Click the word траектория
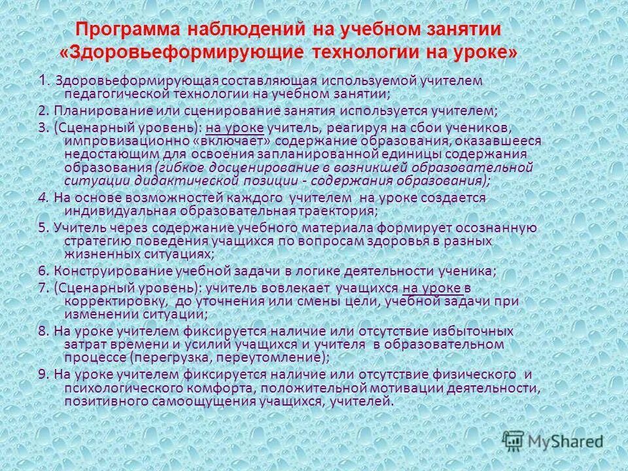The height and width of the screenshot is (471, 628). (x=339, y=211)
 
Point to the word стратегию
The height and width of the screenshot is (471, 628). (x=92, y=240)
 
